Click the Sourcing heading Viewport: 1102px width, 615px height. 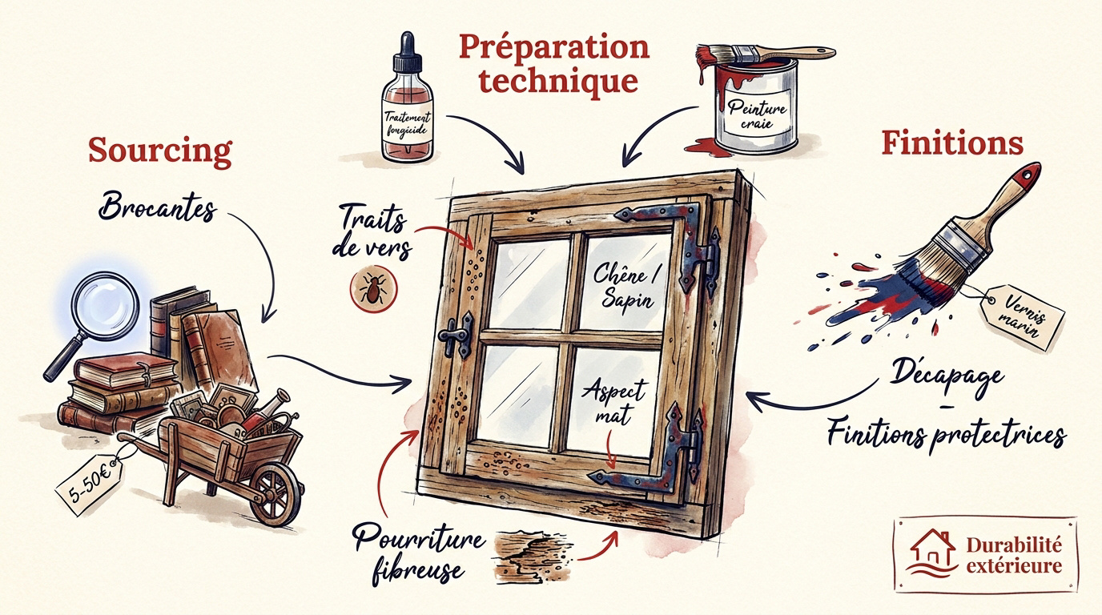(160, 150)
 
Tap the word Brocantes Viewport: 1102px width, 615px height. (158, 207)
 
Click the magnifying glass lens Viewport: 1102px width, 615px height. (105, 306)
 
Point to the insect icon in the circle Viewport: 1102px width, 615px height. (373, 289)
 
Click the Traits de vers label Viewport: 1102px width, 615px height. (372, 231)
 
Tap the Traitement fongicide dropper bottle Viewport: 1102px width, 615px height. (408, 98)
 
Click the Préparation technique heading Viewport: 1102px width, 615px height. (554, 63)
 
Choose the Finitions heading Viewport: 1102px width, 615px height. (952, 143)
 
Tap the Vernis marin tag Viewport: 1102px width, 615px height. (1024, 317)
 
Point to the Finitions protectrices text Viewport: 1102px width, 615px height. (947, 435)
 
